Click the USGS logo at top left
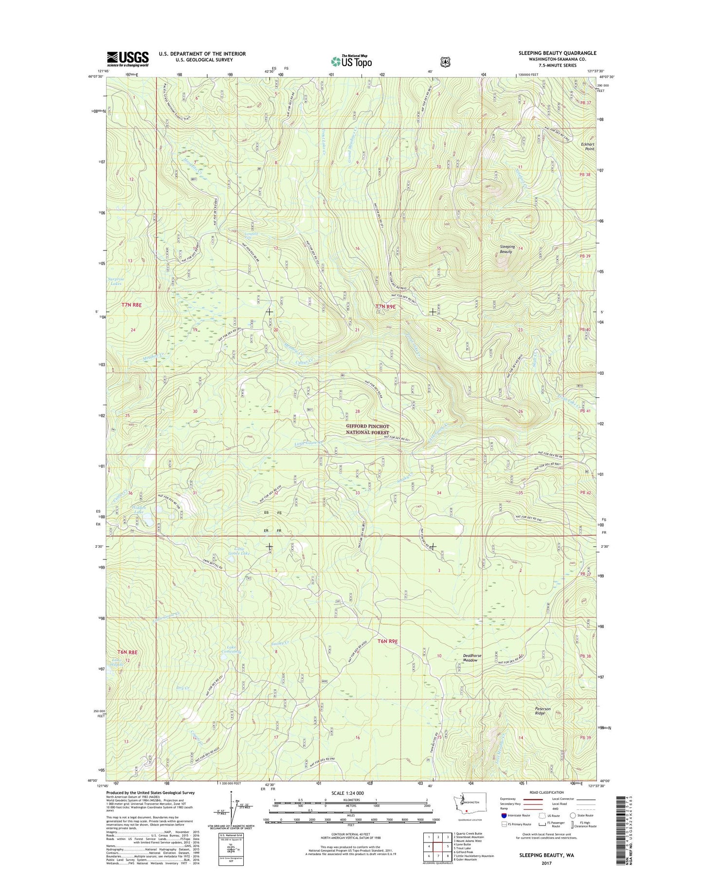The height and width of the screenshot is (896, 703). tap(127, 59)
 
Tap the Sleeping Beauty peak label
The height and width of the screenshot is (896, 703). tap(507, 249)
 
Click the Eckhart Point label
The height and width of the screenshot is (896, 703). tap(587, 146)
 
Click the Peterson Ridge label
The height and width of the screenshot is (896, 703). tap(542, 711)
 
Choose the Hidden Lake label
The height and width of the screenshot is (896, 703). tap(139, 509)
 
